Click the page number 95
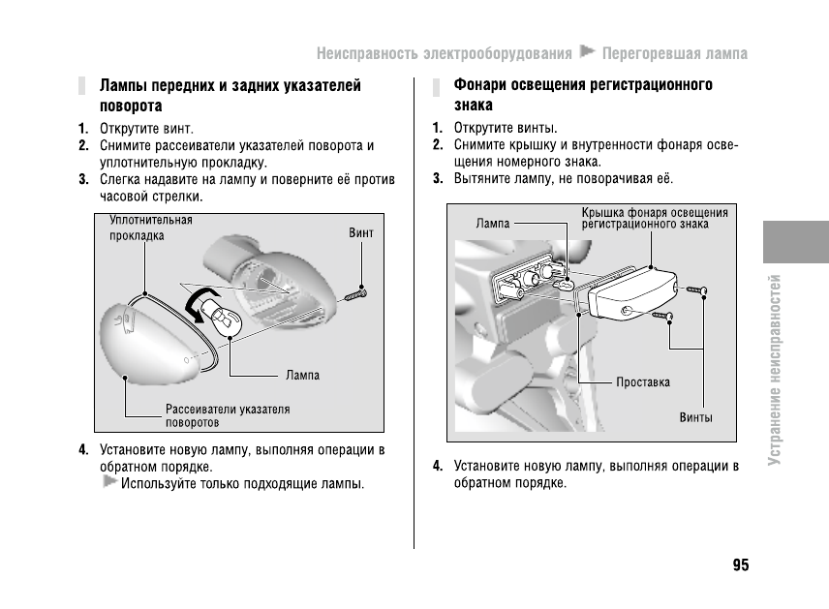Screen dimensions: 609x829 740,565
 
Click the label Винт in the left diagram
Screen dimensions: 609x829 360,233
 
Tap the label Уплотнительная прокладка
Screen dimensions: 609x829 150,228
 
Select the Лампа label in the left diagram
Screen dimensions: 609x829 302,375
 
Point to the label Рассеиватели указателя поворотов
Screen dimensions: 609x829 228,416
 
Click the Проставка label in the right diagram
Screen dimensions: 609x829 643,382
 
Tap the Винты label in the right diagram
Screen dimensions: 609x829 695,418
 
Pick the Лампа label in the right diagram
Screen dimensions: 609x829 493,224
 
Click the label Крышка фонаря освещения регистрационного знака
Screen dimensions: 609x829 654,218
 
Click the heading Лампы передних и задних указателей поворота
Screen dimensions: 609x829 230,96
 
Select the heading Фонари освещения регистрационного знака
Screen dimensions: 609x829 583,95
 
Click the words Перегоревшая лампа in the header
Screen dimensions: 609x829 675,52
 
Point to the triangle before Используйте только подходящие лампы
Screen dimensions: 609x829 109,481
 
